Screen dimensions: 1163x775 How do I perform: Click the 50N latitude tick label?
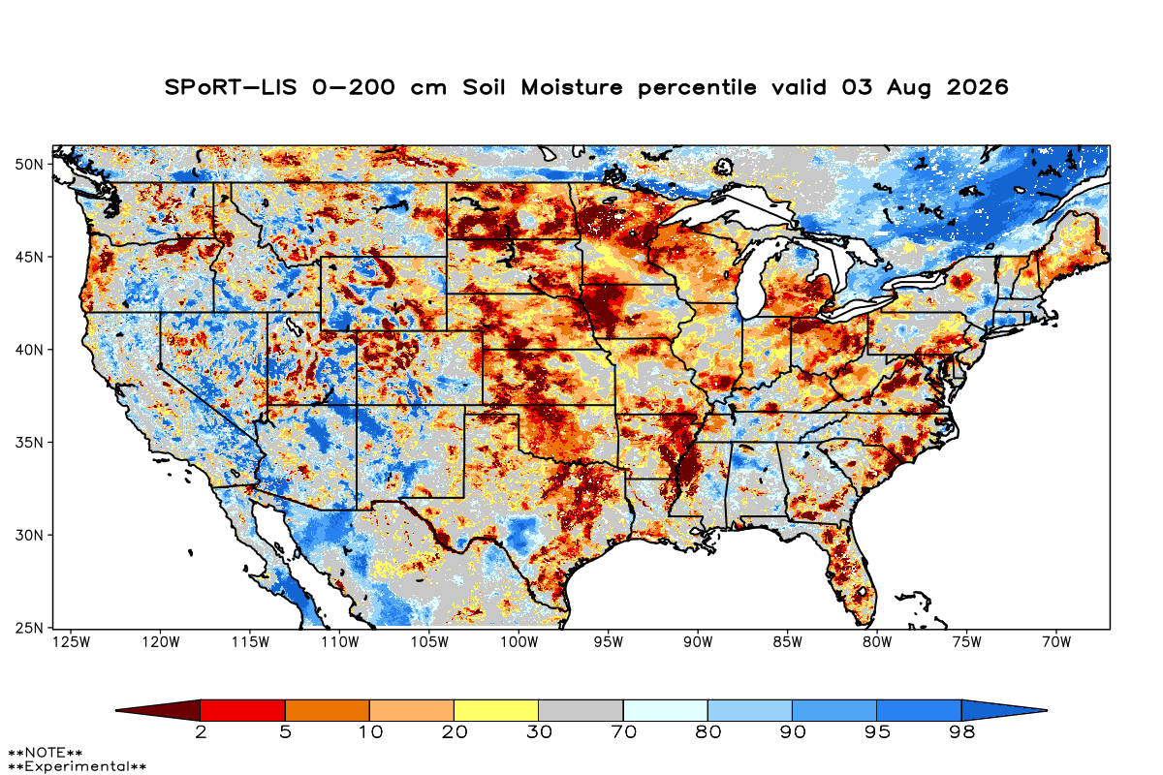click(x=29, y=165)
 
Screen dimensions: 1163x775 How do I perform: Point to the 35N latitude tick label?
click(x=29, y=443)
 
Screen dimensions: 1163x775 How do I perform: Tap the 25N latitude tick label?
click(x=29, y=628)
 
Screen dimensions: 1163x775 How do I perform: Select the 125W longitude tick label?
click(x=71, y=642)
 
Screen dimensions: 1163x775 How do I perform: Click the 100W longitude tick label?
click(x=519, y=642)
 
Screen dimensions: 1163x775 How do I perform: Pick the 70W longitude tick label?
click(x=1056, y=642)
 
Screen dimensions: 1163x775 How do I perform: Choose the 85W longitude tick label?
click(x=788, y=642)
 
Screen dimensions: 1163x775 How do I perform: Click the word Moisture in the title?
click(x=572, y=87)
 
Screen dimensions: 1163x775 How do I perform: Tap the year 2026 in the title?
click(x=977, y=87)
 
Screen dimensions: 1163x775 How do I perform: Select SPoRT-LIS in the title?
click(x=231, y=87)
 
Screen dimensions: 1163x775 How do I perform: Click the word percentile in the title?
click(x=697, y=88)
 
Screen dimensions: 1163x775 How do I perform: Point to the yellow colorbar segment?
click(x=496, y=710)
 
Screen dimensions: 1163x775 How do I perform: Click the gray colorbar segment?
click(x=581, y=710)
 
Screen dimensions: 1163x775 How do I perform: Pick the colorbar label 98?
click(x=961, y=732)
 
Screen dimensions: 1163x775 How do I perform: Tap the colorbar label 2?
click(x=201, y=732)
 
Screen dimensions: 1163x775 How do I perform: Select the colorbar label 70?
click(x=623, y=732)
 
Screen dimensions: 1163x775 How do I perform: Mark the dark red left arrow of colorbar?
click(x=158, y=710)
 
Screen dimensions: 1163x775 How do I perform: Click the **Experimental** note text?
click(x=77, y=766)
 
